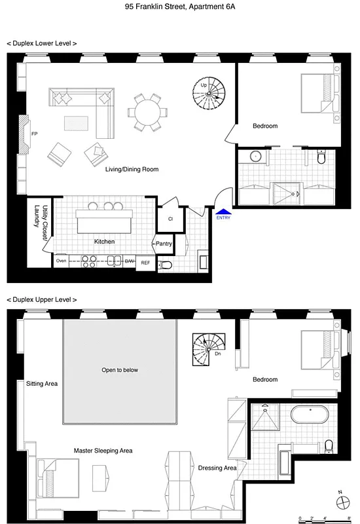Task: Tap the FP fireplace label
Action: [x=35, y=134]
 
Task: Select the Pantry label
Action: [x=163, y=244]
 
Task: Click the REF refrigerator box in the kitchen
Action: [x=145, y=262]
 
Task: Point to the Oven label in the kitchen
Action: [x=62, y=261]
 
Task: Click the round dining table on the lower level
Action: [x=146, y=111]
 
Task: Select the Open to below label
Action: [x=120, y=370]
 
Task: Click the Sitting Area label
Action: [x=42, y=383]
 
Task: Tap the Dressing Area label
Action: [x=217, y=468]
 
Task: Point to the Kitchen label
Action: [x=105, y=242]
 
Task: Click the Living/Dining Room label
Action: [x=132, y=170]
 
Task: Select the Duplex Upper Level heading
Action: [x=42, y=299]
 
